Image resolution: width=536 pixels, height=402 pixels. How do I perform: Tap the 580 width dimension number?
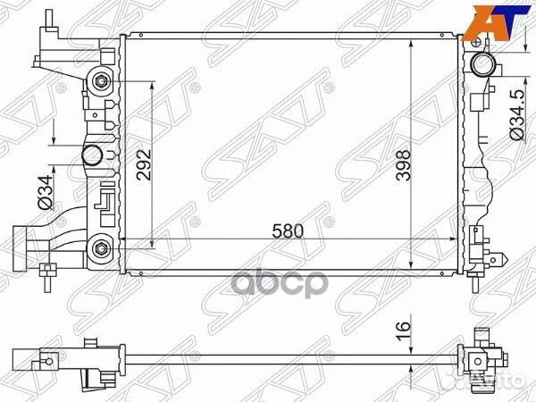click(288, 230)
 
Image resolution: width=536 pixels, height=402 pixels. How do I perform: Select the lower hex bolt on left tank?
click(100, 247)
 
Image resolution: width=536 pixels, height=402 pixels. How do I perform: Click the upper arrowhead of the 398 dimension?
click(410, 41)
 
